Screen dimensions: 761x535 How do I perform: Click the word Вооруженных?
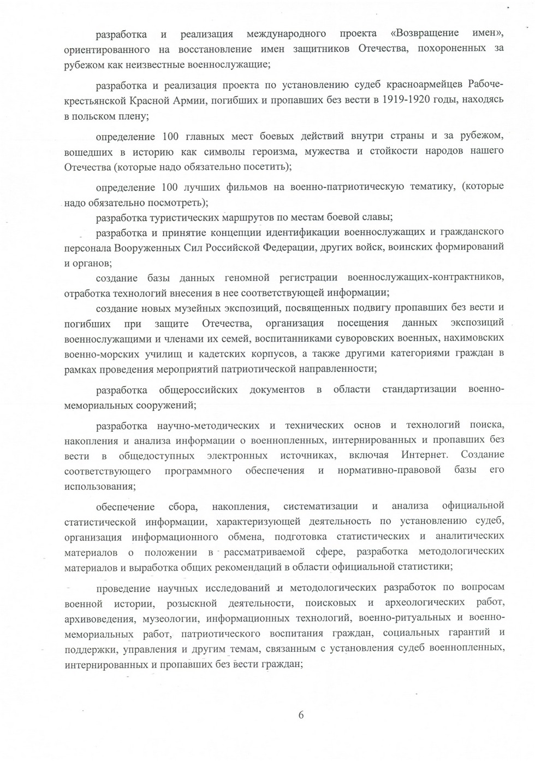pos(146,247)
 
